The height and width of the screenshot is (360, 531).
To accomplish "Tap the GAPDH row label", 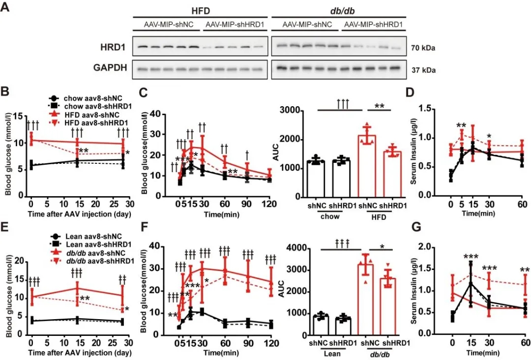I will tap(109, 68).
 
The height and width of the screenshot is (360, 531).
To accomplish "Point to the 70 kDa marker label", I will tap(423, 48).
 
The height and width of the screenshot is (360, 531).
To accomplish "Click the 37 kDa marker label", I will tap(423, 69).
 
